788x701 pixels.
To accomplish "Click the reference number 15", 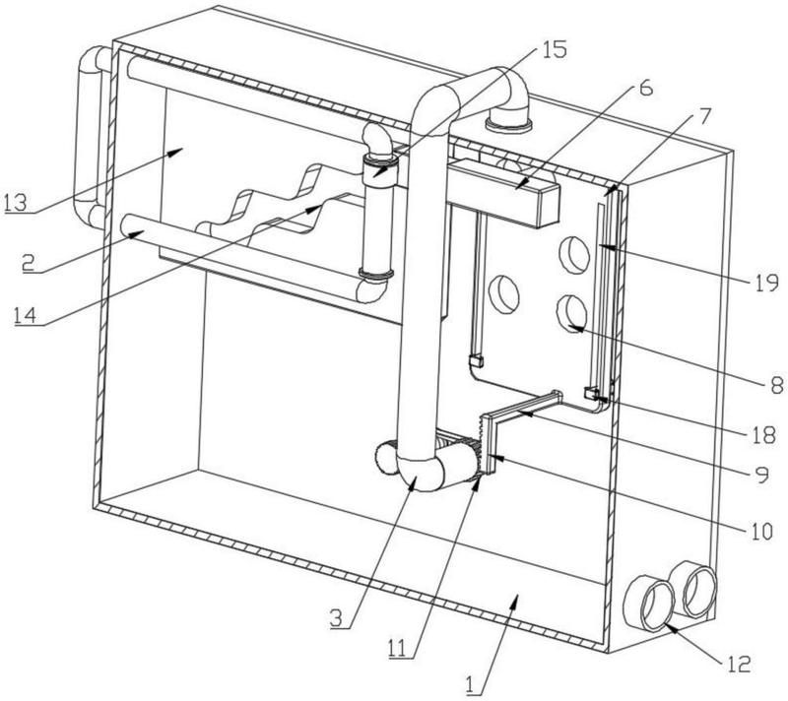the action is (554, 49).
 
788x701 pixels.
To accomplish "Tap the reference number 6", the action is (646, 88).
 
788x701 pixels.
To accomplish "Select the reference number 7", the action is (704, 116).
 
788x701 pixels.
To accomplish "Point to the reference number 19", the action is (765, 284).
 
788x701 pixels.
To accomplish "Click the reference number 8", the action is (776, 385).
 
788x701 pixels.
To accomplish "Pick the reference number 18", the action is (764, 435).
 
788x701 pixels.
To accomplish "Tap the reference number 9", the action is (762, 474).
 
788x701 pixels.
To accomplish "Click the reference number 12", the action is (738, 664).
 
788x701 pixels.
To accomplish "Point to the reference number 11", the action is (401, 648).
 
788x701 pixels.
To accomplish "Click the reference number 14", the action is (26, 315).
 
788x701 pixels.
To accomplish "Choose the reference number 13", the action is (15, 203).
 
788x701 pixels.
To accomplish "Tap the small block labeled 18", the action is (591, 393).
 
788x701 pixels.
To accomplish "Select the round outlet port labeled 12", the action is (651, 604).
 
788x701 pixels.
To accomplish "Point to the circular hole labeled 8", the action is (572, 311).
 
